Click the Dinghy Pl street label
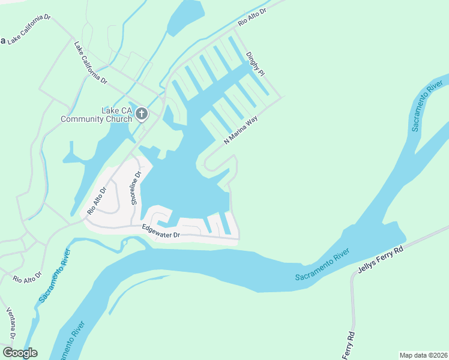(x=255, y=63)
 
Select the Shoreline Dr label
(x=136, y=188)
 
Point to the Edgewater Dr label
(x=161, y=231)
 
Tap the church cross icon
(x=141, y=113)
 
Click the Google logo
(x=20, y=353)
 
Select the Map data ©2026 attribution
(x=423, y=355)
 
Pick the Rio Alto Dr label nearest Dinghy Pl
(x=252, y=13)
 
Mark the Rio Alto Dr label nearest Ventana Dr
(x=27, y=277)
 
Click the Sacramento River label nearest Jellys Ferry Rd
(x=322, y=268)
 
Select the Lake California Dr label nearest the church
(x=91, y=62)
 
